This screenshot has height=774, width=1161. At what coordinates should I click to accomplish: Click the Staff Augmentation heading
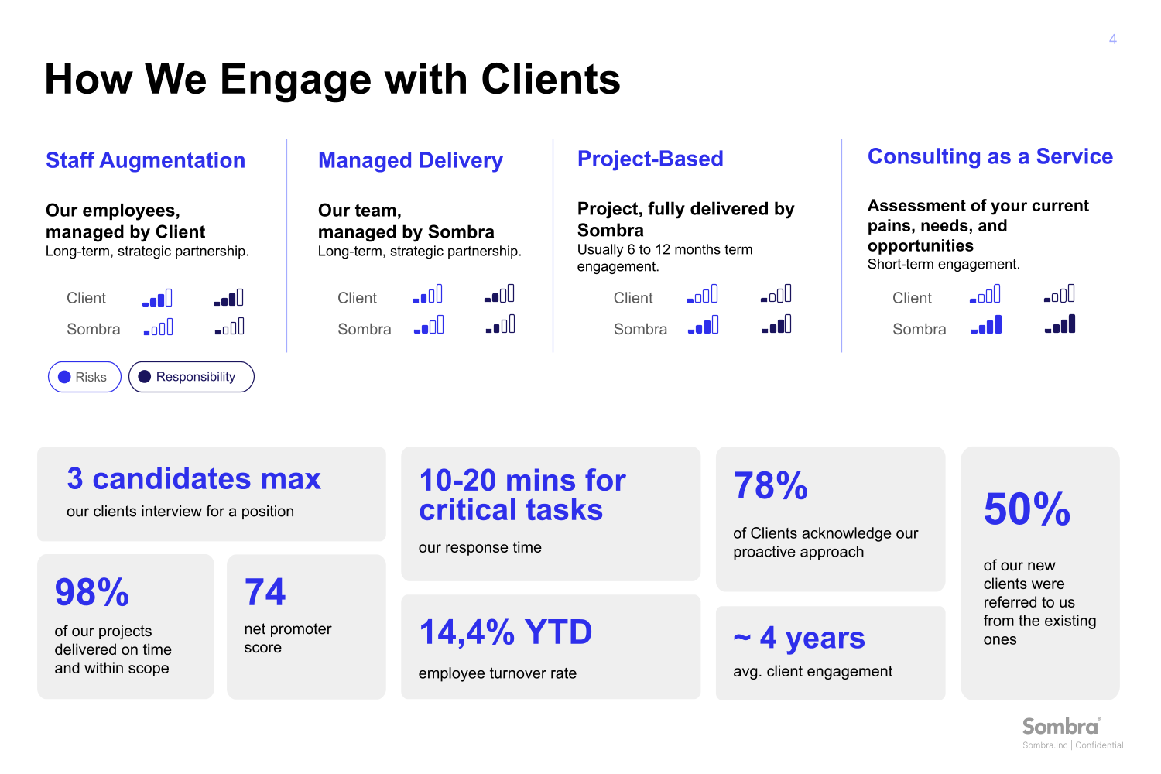pos(146,160)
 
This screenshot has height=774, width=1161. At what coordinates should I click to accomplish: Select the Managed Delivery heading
pos(410,160)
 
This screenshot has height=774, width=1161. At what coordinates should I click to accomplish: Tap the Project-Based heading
pos(650,159)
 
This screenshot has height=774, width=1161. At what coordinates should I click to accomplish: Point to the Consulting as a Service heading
pos(990,156)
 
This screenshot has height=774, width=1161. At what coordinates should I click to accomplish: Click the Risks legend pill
pos(84,377)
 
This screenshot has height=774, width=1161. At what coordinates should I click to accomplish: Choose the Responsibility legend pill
pos(191,377)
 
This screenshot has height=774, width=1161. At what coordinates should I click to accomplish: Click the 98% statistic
pos(91,593)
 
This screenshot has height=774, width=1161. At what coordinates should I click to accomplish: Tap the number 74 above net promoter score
pos(265,593)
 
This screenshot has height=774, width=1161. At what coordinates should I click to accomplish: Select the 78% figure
pos(770,486)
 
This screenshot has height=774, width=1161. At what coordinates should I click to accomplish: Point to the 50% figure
pos(1026,509)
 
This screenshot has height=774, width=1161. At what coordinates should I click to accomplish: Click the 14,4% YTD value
pos(505,632)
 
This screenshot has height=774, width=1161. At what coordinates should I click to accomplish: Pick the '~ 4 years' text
pos(799,638)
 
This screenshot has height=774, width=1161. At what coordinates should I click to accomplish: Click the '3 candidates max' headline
pos(193,479)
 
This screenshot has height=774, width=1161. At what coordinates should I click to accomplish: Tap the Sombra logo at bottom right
pos(1060,727)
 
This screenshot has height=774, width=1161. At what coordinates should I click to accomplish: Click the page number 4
pos(1112,39)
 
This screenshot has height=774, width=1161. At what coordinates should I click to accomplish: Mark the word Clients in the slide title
pos(550,79)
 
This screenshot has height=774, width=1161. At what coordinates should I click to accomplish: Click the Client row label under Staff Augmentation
pos(86,298)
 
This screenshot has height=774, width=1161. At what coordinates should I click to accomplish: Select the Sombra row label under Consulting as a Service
pos(919,329)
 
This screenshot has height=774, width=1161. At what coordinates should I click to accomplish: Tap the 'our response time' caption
pos(480,547)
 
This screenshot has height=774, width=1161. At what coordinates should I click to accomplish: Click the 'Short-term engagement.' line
pos(944,264)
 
